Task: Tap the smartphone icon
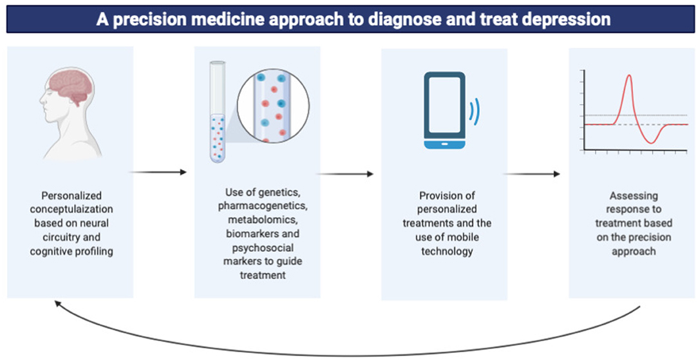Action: (444, 111)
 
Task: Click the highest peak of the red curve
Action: (628, 76)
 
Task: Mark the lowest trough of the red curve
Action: (652, 142)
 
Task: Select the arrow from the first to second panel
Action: (158, 172)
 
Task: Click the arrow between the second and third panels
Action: (345, 174)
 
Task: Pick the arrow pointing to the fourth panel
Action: (531, 174)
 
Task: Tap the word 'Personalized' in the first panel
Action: (71, 195)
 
